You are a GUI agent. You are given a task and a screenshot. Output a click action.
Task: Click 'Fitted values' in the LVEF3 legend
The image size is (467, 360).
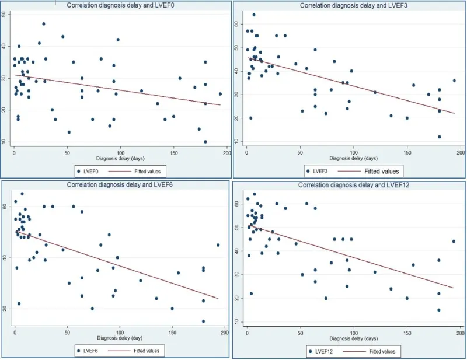(x=382, y=172)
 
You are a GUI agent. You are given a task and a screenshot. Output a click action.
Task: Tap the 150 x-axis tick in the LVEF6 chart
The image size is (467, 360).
(x=172, y=331)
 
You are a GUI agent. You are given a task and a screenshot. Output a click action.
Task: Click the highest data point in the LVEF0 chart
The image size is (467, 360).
(x=44, y=24)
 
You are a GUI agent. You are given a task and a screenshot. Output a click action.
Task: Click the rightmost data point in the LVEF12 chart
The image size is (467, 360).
(x=454, y=241)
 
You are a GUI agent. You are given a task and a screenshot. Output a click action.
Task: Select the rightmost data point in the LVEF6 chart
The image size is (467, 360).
(x=218, y=245)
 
